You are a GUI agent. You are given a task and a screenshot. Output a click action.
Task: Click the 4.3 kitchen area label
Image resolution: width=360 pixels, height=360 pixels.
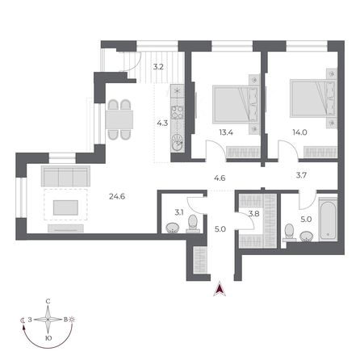162,123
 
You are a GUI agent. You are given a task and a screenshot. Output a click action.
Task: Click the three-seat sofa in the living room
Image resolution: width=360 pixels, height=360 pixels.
65,175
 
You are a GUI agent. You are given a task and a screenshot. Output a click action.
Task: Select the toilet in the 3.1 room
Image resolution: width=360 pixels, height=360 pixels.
171,228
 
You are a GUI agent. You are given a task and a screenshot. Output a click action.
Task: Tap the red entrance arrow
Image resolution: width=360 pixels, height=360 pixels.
216,291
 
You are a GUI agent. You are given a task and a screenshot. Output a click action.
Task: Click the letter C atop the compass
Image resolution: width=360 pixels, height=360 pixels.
48,301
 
